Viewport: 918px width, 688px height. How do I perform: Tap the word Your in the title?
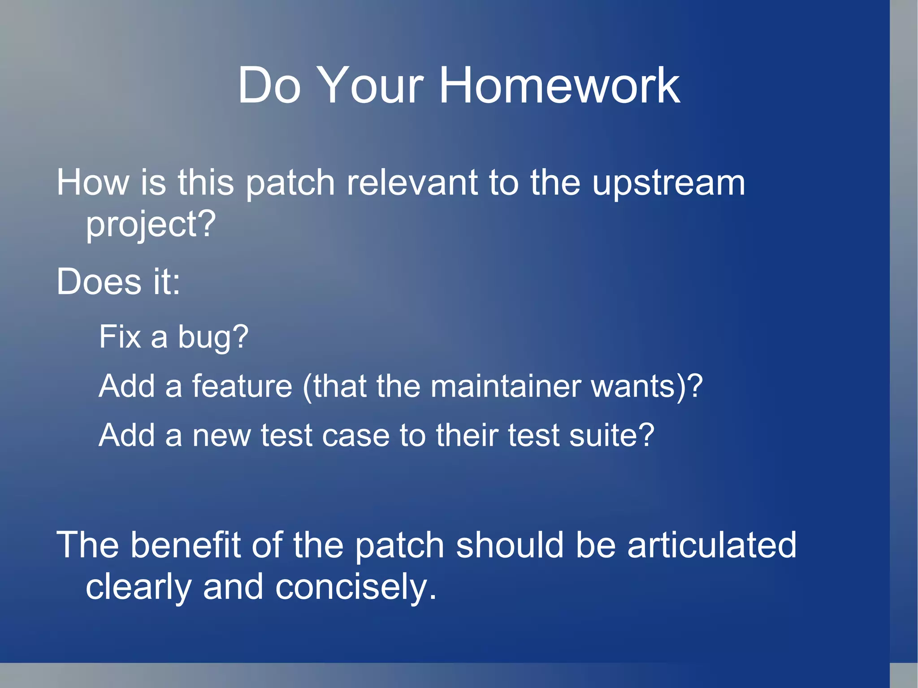point(372,85)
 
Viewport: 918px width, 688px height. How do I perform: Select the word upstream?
point(668,184)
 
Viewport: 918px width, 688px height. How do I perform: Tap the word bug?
point(213,338)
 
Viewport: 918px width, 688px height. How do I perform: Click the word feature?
point(242,386)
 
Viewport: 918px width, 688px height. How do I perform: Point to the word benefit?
point(186,545)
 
